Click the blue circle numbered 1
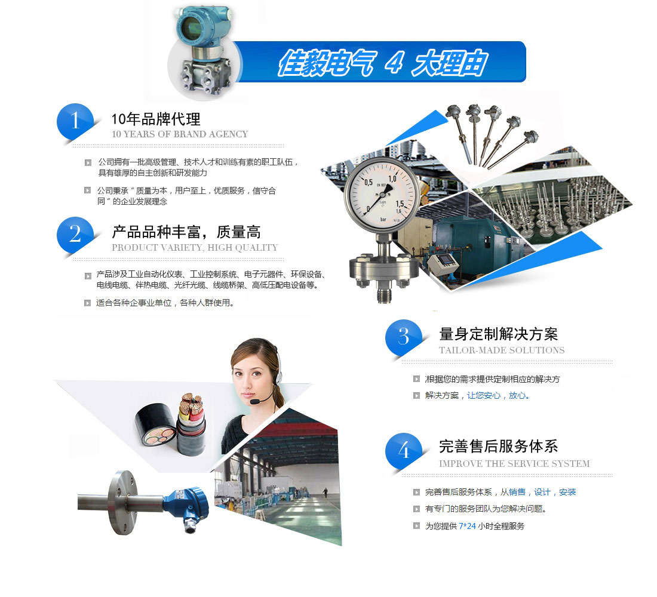[x=75, y=121]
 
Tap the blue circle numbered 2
[x=75, y=234]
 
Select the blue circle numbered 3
[x=404, y=337]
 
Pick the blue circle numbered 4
[x=404, y=451]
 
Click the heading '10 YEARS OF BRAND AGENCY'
[x=180, y=134]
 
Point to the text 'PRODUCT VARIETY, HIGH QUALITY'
[x=195, y=248]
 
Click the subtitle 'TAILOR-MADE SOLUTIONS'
[x=502, y=350]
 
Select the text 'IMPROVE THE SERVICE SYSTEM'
[x=514, y=464]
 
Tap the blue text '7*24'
[x=467, y=526]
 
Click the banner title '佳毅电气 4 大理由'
[x=382, y=63]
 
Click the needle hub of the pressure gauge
[x=382, y=195]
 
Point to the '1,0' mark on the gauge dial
[x=392, y=179]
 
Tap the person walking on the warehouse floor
[x=325, y=493]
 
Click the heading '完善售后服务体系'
[x=498, y=447]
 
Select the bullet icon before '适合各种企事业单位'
[x=88, y=303]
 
